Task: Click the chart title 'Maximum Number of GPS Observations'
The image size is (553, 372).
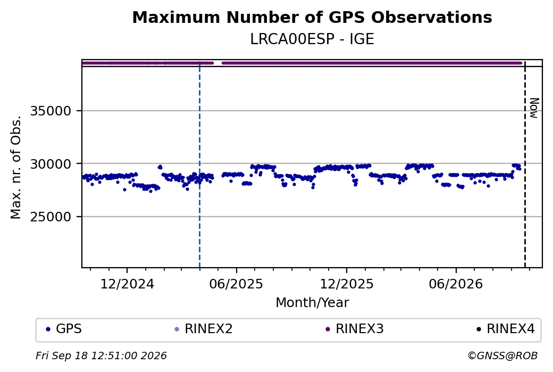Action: point(312,17)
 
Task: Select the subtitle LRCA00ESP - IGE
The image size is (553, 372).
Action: point(312,39)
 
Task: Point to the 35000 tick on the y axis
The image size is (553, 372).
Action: point(51,111)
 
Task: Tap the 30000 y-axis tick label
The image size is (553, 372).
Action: point(51,164)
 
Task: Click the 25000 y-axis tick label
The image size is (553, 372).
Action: point(51,217)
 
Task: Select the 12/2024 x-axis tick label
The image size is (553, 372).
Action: point(127,284)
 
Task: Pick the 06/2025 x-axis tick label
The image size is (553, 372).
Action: point(236,284)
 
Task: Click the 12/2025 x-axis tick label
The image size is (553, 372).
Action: point(346,284)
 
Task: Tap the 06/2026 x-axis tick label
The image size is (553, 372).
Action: point(456,284)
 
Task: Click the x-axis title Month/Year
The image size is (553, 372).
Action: point(312,302)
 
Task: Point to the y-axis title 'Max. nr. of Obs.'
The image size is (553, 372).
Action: point(16,167)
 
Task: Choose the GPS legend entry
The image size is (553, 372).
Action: point(64,329)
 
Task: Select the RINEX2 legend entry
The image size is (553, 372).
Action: point(204,329)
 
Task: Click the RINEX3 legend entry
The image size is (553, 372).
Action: point(355,329)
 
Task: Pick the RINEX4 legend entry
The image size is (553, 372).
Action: point(506,329)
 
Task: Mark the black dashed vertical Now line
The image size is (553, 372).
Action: point(525,164)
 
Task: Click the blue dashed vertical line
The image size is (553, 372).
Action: point(199,164)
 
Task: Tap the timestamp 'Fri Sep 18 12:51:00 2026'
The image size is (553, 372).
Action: point(101,356)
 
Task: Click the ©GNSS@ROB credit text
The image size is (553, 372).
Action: point(502,356)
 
